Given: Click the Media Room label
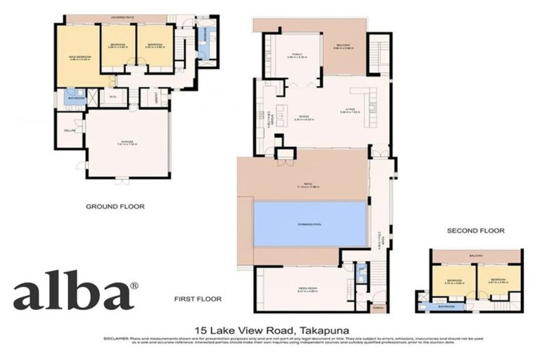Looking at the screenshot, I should (304, 289).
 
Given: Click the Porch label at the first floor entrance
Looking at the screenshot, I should (378, 308).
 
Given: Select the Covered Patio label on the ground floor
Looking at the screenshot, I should (126, 18).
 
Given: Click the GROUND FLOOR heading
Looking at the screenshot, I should (115, 207).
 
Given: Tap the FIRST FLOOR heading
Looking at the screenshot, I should (198, 299).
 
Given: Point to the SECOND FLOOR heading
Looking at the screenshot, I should (475, 231).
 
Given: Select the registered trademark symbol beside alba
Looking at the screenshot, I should (134, 285).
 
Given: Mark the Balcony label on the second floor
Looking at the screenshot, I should (477, 256).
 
